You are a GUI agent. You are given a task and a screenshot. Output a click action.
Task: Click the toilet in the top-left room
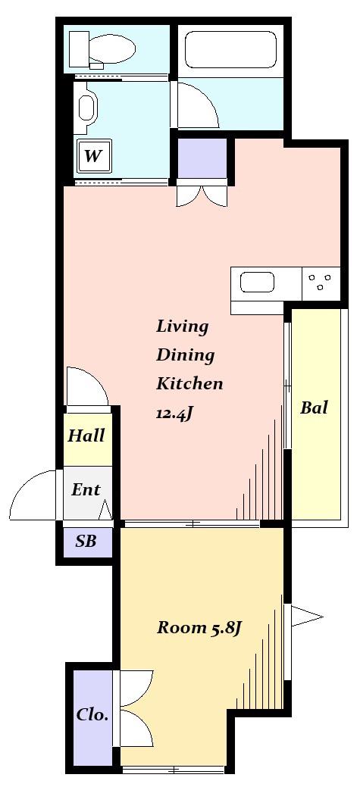(102, 50)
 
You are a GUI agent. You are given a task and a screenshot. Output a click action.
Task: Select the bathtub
(231, 49)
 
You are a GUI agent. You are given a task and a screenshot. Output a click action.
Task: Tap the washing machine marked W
(93, 156)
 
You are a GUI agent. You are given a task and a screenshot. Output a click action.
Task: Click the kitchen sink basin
(257, 283)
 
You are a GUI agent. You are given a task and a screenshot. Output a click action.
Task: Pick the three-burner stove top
(321, 282)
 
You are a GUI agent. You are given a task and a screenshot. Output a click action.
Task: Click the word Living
(182, 326)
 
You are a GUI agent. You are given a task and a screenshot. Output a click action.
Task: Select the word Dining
(185, 355)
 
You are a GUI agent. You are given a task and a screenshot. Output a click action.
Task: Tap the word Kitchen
(189, 384)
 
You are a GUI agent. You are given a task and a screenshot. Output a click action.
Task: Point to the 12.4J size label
(175, 414)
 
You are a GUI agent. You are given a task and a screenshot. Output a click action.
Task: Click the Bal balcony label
(314, 407)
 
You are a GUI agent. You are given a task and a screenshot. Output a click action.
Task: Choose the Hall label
(86, 435)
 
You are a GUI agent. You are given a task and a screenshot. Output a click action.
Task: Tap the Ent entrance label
(86, 489)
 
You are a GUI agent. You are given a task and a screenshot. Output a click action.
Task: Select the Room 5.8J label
(200, 628)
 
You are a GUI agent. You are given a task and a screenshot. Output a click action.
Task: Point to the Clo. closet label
(92, 714)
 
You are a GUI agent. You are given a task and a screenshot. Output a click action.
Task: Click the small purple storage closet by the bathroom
(202, 158)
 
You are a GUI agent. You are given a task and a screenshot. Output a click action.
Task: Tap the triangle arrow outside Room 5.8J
(306, 617)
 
